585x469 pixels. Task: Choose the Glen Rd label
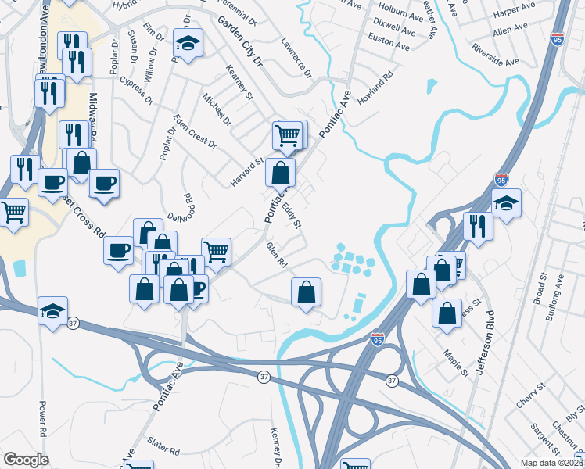[277, 255]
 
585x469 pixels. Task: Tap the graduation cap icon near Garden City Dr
[188, 44]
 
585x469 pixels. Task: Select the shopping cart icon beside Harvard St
[288, 134]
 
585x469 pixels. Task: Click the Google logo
[26, 460]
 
